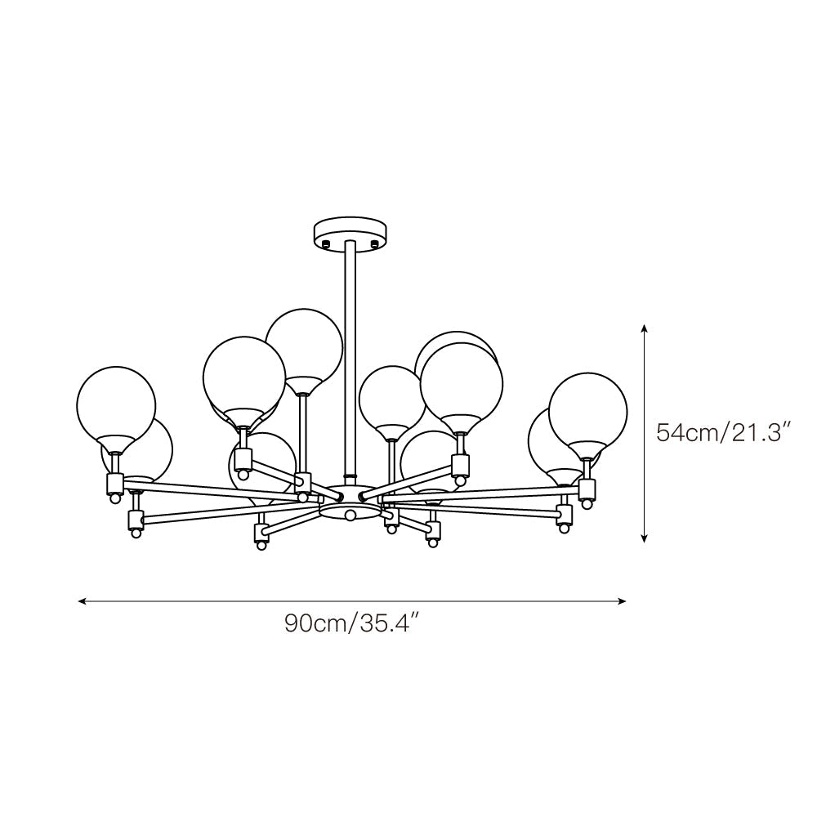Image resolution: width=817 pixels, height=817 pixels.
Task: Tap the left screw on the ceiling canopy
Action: pyautogui.click(x=325, y=243)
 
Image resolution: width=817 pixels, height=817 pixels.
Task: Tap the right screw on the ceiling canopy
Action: pyautogui.click(x=375, y=243)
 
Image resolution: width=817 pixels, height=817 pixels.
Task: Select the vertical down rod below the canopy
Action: pyautogui.click(x=350, y=359)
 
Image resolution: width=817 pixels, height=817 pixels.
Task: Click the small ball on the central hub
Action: pyautogui.click(x=350, y=514)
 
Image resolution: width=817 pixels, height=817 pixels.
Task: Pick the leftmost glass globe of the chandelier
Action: pyautogui.click(x=115, y=404)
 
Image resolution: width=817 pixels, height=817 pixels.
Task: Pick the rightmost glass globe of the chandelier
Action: pyautogui.click(x=587, y=409)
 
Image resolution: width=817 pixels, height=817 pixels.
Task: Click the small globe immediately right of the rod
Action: pyautogui.click(x=392, y=398)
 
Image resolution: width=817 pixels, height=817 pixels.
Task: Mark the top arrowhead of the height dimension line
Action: pyautogui.click(x=645, y=329)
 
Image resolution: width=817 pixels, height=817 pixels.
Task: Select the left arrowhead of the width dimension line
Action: pyautogui.click(x=82, y=601)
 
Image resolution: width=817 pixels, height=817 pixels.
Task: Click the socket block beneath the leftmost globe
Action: pyautogui.click(x=114, y=484)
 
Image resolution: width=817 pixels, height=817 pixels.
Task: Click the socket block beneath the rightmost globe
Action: pyautogui.click(x=587, y=489)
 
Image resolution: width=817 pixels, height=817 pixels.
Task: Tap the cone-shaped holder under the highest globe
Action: pyautogui.click(x=302, y=383)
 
